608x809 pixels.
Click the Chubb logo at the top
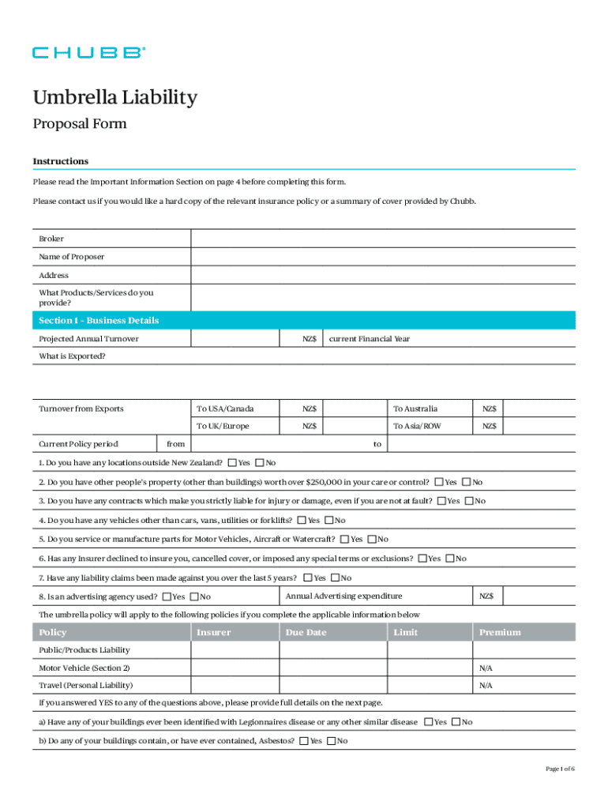coord(88,53)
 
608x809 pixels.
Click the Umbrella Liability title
coord(114,98)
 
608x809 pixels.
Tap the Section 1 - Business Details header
coord(99,321)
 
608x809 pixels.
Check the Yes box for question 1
coord(232,462)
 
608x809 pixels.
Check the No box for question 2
coord(467,481)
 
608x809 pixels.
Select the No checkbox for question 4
coord(329,520)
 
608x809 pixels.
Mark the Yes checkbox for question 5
coord(345,540)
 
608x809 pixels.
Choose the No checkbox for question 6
coord(450,559)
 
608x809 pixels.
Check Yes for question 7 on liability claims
coord(308,578)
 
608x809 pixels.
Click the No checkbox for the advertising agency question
coord(195,596)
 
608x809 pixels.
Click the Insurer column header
coord(214,632)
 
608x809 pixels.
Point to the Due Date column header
coord(306,632)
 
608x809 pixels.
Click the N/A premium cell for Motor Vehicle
coord(486,668)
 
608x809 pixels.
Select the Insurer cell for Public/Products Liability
coord(235,650)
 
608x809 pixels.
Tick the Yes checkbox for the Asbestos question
coord(304,741)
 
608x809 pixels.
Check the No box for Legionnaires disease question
coord(456,722)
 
